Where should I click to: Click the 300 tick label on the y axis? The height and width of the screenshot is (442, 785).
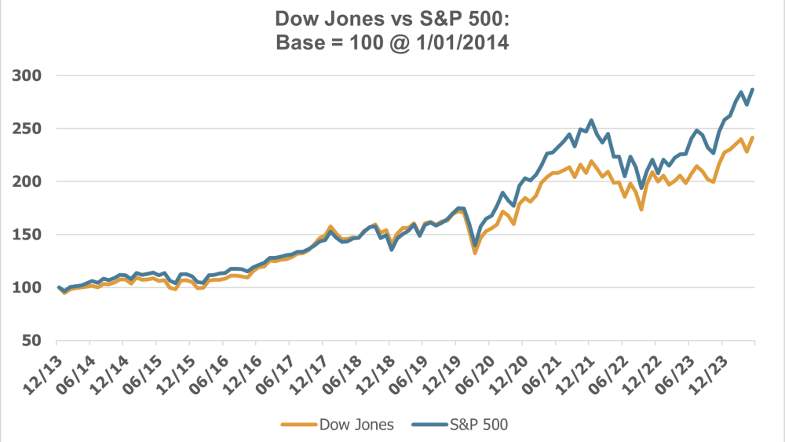tap(27, 75)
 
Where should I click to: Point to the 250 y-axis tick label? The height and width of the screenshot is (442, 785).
tap(27, 129)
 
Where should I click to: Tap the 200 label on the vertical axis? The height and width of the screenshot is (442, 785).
tap(27, 181)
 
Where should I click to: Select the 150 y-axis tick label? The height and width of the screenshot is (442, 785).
tap(27, 235)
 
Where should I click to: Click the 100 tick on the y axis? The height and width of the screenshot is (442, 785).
tap(27, 287)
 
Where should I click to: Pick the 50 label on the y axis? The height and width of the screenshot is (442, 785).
tap(31, 341)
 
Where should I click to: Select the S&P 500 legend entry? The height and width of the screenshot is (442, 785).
tap(478, 425)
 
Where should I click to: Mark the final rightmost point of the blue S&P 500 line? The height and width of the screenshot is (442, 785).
tap(754, 89)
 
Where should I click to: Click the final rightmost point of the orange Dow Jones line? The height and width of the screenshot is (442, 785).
tap(754, 138)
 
